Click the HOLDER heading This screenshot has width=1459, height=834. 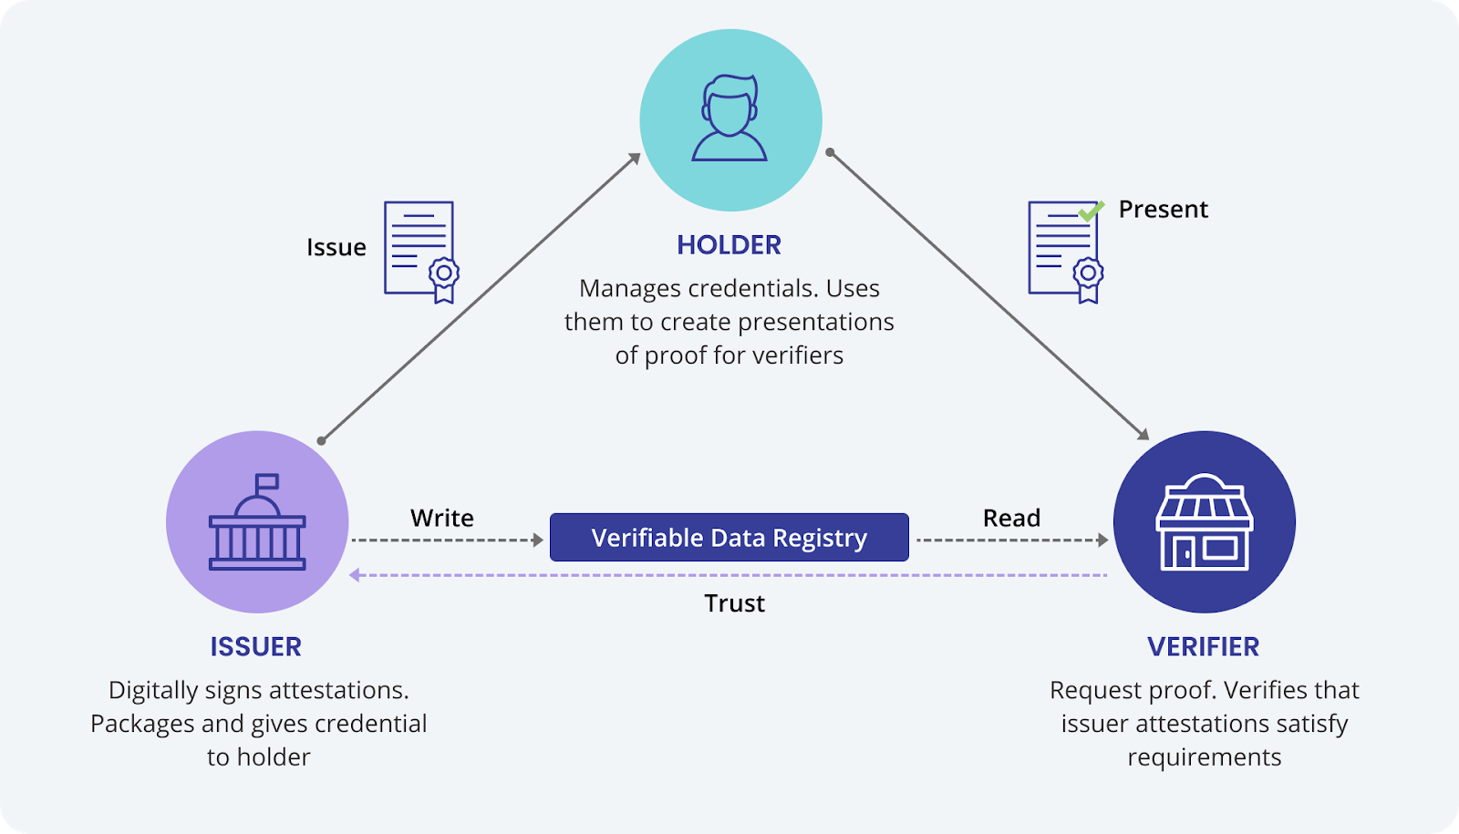point(729,245)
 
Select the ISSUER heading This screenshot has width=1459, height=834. point(255,647)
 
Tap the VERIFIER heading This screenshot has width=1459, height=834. point(1203,647)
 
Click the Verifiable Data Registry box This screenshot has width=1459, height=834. point(729,538)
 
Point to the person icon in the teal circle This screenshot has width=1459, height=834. point(729,119)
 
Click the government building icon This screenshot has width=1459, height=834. point(257,529)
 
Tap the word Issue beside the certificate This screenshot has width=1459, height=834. point(336,248)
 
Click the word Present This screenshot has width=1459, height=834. point(1163,210)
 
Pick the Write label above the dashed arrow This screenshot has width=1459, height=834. point(441,518)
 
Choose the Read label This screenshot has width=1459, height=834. point(1011,518)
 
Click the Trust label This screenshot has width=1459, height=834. point(734,603)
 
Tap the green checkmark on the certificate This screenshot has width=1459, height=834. point(1091,211)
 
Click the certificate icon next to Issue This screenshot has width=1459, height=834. point(420,252)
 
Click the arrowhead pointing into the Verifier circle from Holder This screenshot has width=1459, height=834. point(1143,434)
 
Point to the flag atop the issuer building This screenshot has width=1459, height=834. point(266,481)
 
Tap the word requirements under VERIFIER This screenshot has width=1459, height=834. point(1204,757)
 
